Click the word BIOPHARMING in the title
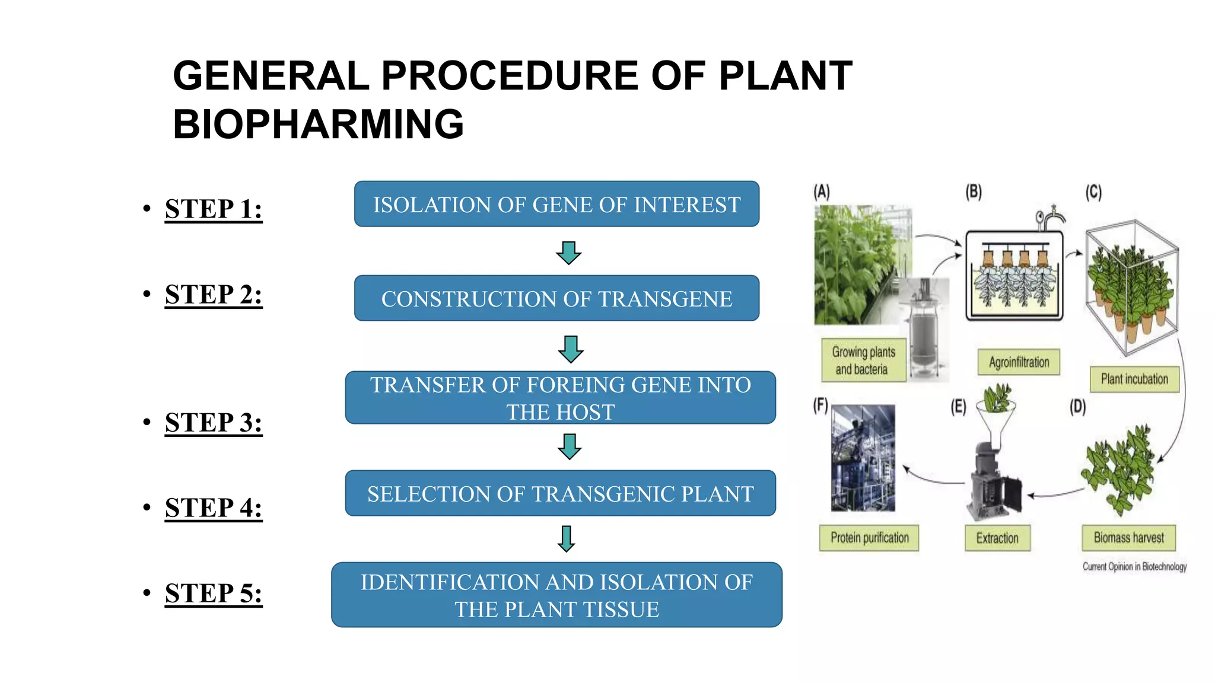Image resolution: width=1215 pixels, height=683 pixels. click(x=318, y=125)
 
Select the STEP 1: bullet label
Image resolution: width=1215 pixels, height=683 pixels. click(x=214, y=209)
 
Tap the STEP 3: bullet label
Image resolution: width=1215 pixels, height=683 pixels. click(x=214, y=423)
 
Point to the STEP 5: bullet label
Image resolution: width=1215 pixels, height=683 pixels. click(x=214, y=593)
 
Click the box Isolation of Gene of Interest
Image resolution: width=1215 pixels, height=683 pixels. click(x=556, y=205)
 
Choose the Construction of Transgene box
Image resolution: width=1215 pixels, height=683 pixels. click(x=556, y=299)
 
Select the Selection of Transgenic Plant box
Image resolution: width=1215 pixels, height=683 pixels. click(x=560, y=494)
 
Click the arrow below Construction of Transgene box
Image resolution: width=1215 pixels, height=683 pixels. click(x=571, y=349)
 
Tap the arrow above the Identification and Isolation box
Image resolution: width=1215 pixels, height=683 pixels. click(x=567, y=539)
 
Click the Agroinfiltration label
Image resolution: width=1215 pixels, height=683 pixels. click(x=1019, y=362)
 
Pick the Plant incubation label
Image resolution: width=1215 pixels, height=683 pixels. click(x=1134, y=379)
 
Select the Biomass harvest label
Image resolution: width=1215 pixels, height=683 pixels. click(x=1128, y=538)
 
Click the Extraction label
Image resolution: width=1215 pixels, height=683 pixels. click(x=997, y=538)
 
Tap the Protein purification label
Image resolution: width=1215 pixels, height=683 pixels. click(x=869, y=538)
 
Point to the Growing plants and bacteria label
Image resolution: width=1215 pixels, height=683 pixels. click(x=863, y=360)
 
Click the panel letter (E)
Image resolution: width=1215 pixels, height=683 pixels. click(x=959, y=407)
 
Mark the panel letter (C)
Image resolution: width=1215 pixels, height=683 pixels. click(x=1093, y=192)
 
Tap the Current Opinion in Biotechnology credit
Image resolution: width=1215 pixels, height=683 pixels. click(x=1134, y=567)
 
